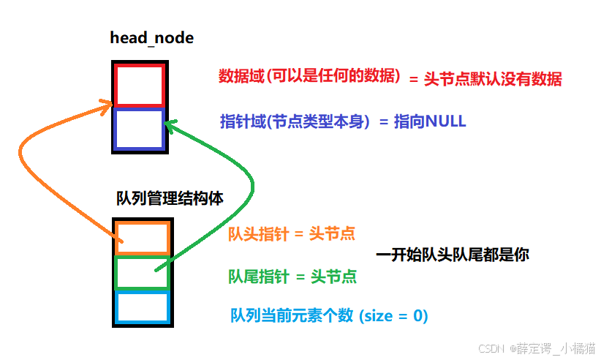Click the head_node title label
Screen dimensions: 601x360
click(x=151, y=37)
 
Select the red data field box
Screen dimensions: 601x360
click(x=139, y=86)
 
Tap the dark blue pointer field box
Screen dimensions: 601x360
click(x=139, y=130)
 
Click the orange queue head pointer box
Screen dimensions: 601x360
click(x=143, y=238)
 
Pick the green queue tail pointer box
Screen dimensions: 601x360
click(x=143, y=273)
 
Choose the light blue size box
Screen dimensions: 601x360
click(x=143, y=308)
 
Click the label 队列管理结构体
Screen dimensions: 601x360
click(x=170, y=198)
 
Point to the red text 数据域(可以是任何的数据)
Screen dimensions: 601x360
click(x=310, y=76)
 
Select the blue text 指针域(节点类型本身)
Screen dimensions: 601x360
click(x=297, y=121)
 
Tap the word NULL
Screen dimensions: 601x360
click(x=445, y=122)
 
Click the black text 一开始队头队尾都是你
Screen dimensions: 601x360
click(x=452, y=255)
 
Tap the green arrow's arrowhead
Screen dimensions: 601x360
click(x=169, y=125)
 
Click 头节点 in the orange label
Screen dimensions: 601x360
click(x=333, y=234)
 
